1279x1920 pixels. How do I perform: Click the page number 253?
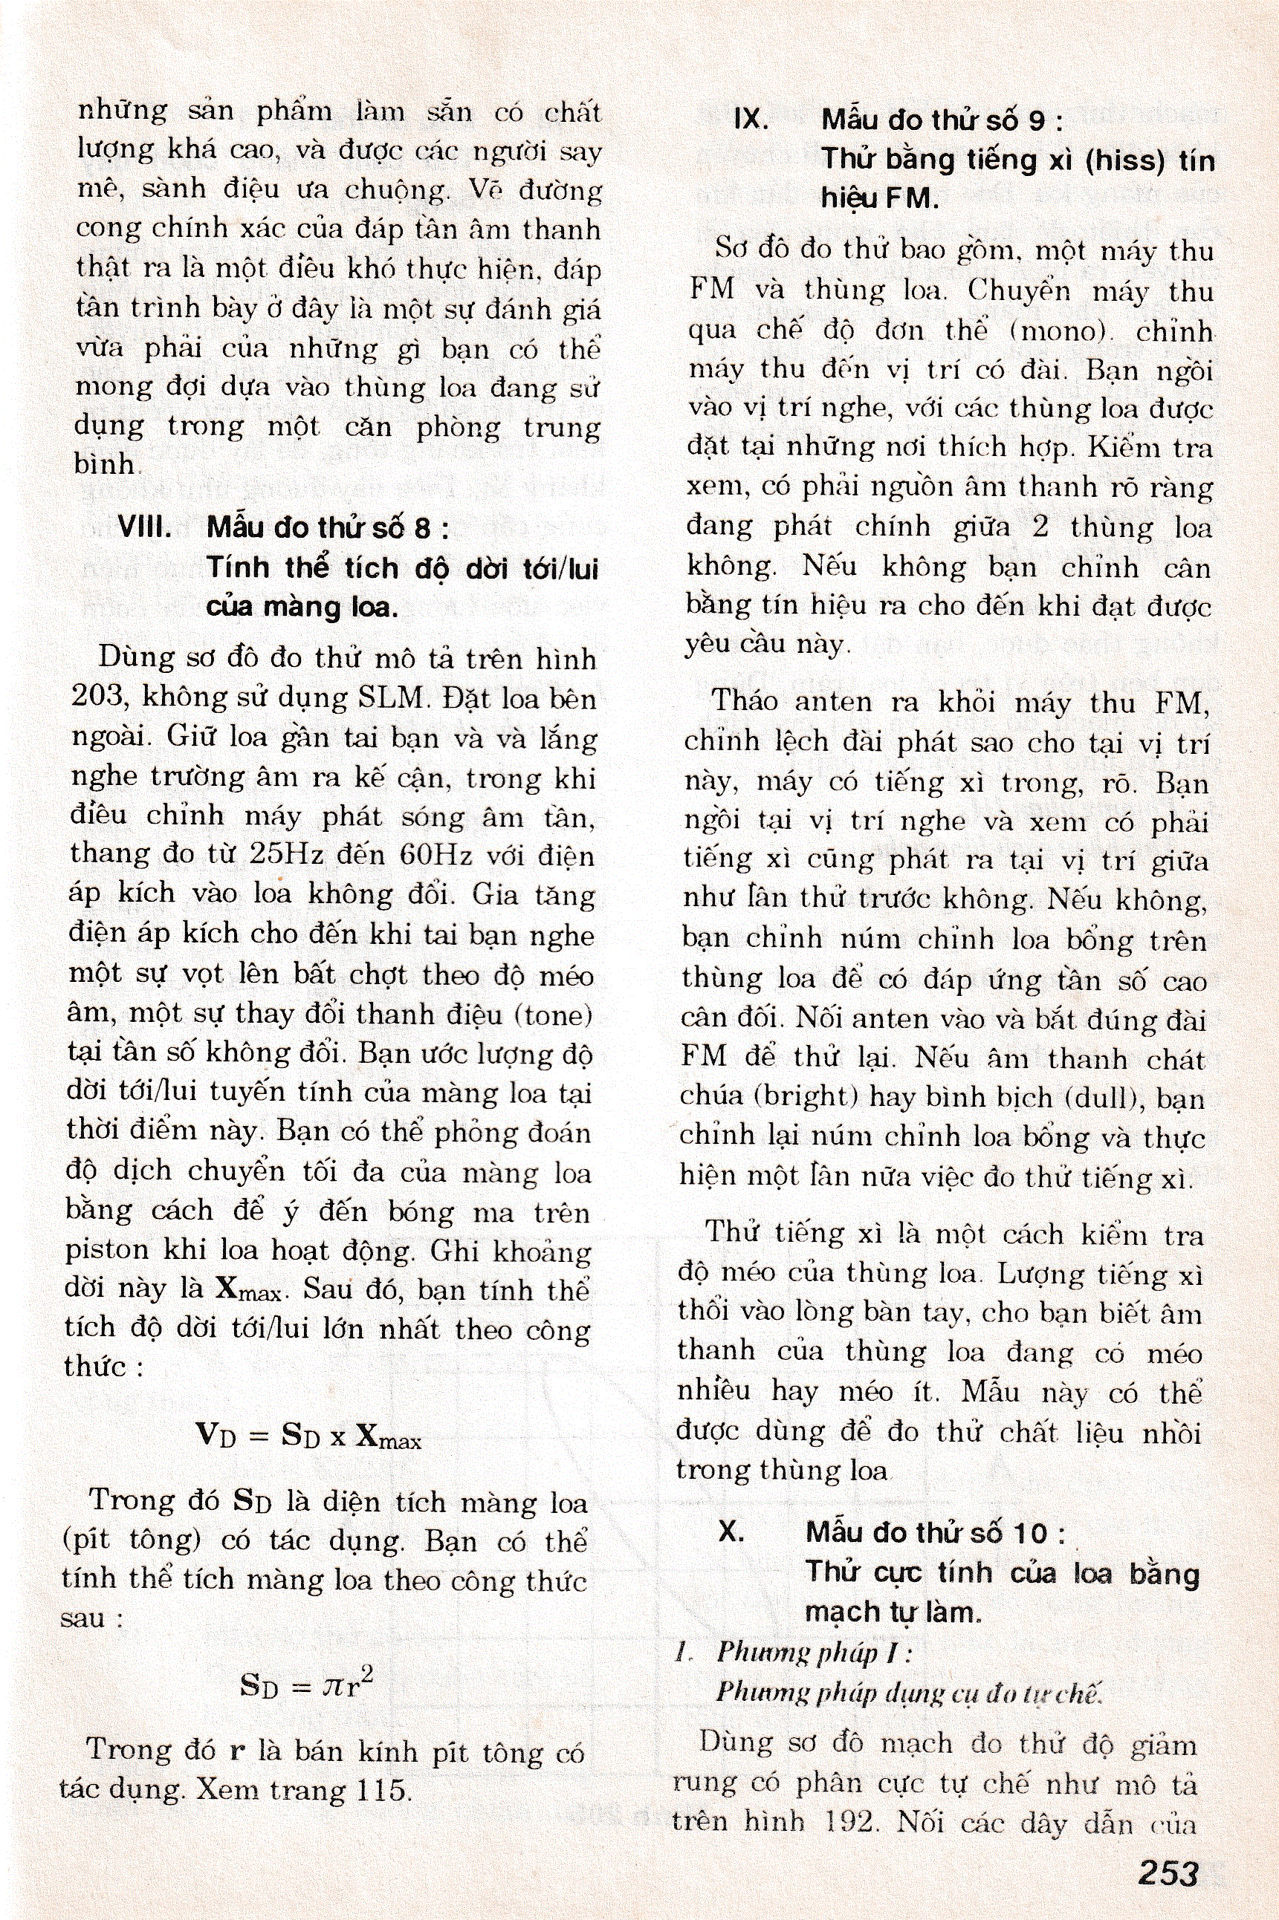point(1168,1872)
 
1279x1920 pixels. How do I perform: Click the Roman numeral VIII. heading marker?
point(144,527)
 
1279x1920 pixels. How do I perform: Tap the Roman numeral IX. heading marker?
point(751,120)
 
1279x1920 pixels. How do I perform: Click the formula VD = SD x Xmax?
point(309,1434)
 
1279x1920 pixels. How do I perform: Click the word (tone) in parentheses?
point(551,1014)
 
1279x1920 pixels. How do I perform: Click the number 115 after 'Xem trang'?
point(382,1790)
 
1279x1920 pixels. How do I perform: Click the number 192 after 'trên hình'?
point(847,1822)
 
